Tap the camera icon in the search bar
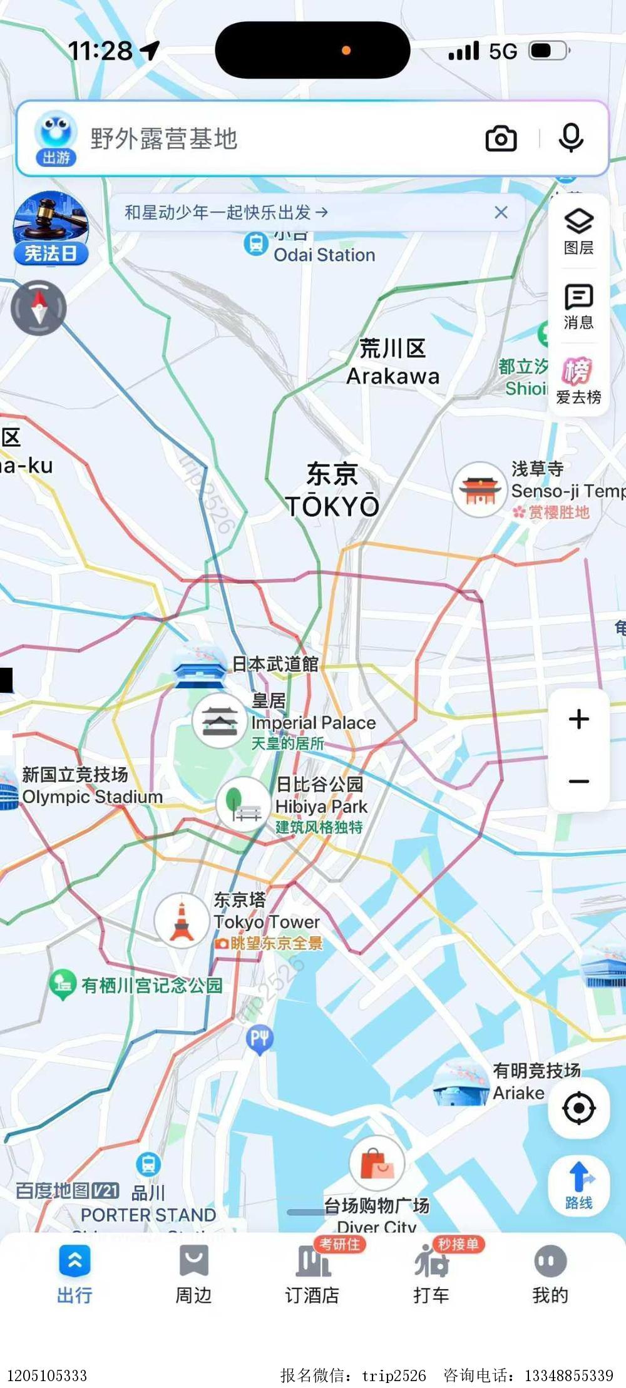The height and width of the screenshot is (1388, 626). (x=501, y=138)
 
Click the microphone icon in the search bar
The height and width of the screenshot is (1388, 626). (x=571, y=138)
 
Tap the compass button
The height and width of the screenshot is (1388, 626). (x=39, y=308)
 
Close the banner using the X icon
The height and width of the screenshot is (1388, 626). (x=501, y=213)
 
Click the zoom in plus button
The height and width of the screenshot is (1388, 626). (x=579, y=719)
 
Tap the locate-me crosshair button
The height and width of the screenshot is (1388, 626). (x=579, y=1108)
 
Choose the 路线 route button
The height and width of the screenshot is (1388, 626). (x=579, y=1185)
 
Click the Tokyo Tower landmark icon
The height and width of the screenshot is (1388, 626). (x=182, y=921)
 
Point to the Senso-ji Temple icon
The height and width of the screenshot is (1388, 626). (x=480, y=489)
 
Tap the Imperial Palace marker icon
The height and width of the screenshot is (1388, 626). (x=219, y=721)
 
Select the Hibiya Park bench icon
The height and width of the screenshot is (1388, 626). (x=243, y=804)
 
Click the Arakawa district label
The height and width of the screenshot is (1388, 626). (x=393, y=362)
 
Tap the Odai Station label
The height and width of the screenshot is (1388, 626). (x=324, y=255)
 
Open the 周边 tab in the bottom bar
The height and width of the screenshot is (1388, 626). (x=193, y=1273)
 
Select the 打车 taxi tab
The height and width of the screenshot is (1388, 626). (x=431, y=1273)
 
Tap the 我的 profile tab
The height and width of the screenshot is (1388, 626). (x=550, y=1273)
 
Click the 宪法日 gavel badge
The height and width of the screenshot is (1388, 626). (x=51, y=228)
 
